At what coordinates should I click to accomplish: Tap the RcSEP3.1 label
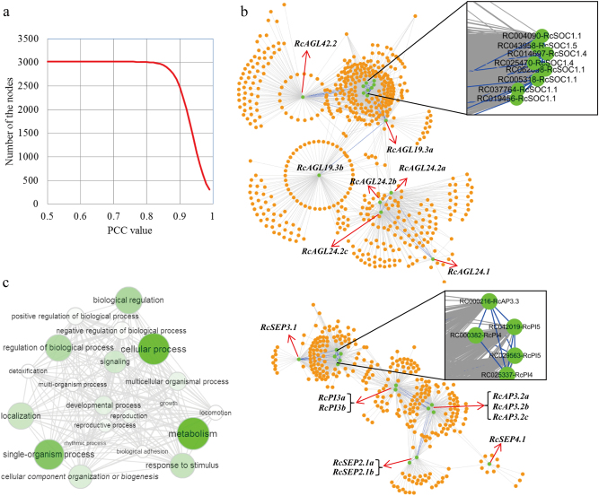279,328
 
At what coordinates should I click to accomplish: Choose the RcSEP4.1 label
509,439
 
